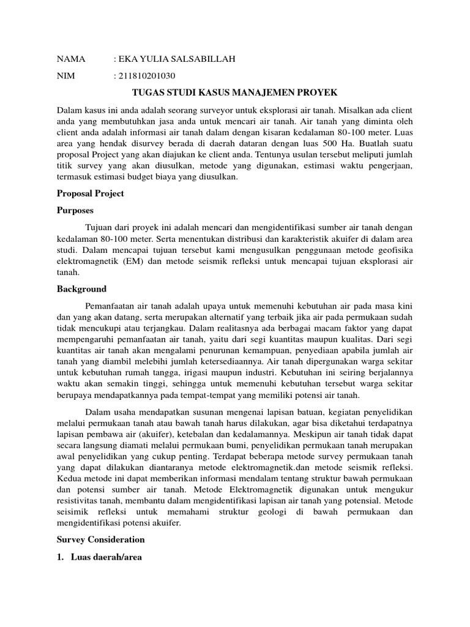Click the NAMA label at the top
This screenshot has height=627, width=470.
click(71, 59)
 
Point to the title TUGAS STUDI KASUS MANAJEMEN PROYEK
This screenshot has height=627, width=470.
click(235, 92)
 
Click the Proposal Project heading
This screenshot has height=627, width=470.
click(91, 193)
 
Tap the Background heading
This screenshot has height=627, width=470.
click(81, 289)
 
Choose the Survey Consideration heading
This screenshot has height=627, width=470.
click(101, 539)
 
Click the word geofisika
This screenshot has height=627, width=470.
click(394, 250)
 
